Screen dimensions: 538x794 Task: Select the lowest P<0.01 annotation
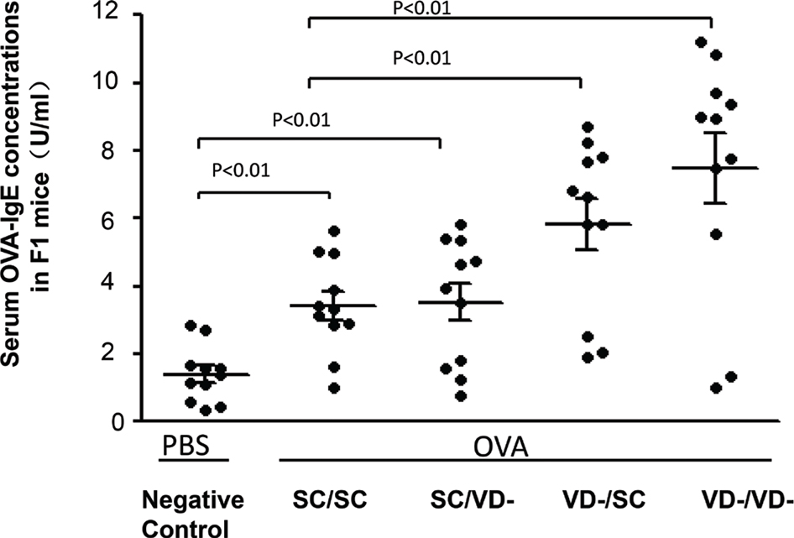[x=242, y=172]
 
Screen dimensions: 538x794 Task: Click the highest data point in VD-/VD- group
[x=702, y=42]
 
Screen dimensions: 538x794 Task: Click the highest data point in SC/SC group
[x=332, y=231]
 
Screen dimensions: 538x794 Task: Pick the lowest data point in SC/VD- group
[x=460, y=396]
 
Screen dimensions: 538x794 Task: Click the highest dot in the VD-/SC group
[x=588, y=127]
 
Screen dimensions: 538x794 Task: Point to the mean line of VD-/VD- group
[x=716, y=168]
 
